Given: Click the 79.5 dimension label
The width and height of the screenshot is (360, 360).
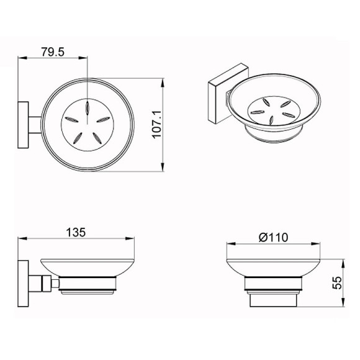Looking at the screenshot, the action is (53, 52).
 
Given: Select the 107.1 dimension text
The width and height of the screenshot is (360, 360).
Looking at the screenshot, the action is (157, 124).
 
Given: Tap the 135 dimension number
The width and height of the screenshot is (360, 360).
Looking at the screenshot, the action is (76, 232).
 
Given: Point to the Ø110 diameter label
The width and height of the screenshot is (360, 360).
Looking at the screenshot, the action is (273, 237).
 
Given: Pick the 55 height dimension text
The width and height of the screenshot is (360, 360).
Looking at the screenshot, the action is (337, 283).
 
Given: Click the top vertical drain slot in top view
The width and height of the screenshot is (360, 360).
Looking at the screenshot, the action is (88, 107).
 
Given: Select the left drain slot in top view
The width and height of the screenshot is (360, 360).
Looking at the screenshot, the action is (72, 119).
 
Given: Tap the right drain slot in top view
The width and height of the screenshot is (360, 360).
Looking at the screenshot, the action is (103, 119).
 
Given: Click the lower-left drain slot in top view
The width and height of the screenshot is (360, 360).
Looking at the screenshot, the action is (78, 138).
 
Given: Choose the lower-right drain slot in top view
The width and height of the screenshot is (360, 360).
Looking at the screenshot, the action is (97, 138).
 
